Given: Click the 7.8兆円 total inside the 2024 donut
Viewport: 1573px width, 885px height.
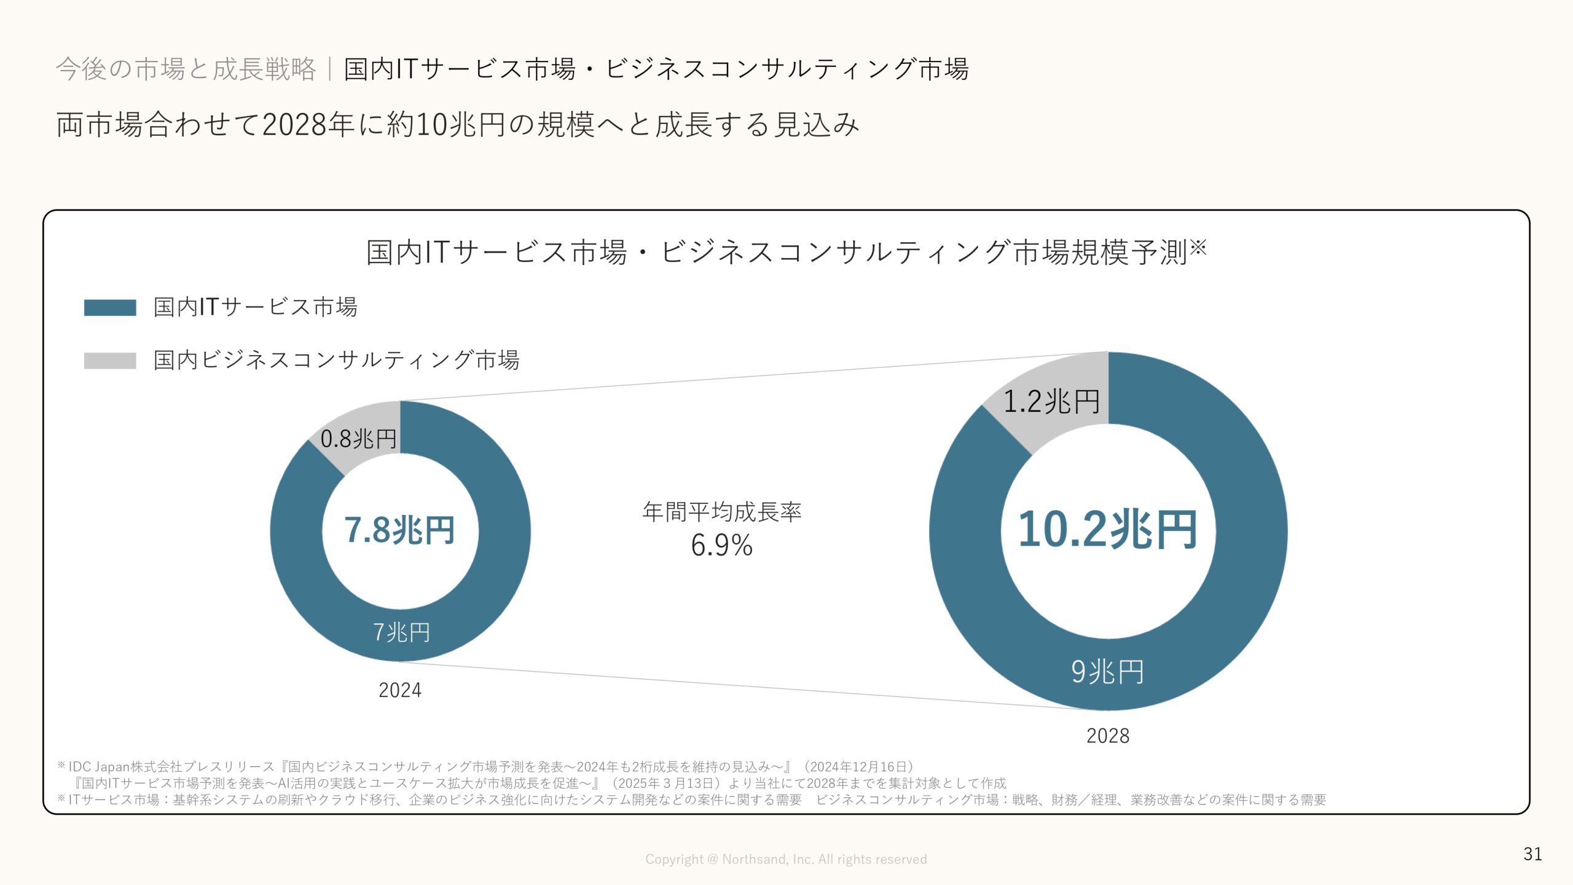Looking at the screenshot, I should coord(399,530).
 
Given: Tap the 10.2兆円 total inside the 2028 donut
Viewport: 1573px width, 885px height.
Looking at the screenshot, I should coord(1107,530).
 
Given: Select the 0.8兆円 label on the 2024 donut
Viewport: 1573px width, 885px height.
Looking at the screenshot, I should coord(358,439).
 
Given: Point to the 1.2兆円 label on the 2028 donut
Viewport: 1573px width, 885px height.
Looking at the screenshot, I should coord(1051,402).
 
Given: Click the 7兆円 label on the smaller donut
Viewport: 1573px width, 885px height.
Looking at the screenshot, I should coord(401,632).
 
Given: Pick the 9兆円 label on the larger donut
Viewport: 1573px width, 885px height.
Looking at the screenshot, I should coord(1107,672).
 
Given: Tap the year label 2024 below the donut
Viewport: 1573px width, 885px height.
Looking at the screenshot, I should coord(400,690).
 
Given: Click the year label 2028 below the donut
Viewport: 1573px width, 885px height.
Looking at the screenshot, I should coord(1108,736).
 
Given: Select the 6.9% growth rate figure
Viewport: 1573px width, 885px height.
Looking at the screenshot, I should coord(722,545).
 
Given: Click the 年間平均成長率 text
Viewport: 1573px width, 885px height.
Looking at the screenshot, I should coord(722,511).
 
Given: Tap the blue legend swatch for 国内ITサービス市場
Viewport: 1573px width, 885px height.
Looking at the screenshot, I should coord(110,307).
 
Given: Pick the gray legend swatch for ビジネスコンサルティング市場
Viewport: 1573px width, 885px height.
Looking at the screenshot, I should coord(110,361).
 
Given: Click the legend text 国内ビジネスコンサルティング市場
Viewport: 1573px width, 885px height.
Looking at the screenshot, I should coord(336,360).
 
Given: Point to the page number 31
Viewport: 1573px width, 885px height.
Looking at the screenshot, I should coord(1532,854).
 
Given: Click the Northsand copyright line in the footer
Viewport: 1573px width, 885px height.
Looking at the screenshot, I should coord(786,859).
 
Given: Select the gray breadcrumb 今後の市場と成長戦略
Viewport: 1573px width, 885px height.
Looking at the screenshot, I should coord(186,69).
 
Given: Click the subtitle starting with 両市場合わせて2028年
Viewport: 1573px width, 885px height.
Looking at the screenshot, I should coord(457,125).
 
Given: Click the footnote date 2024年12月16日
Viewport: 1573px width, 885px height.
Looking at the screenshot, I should coord(859,766).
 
